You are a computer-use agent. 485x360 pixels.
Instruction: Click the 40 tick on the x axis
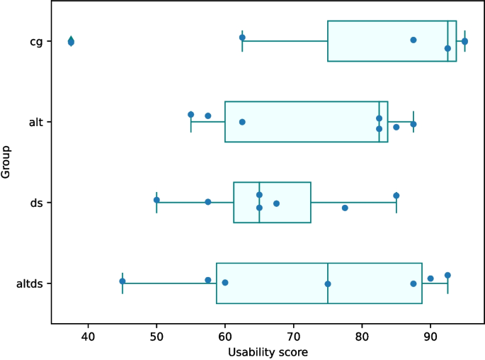point(88,335)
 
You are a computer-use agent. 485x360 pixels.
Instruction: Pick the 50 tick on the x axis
point(156,335)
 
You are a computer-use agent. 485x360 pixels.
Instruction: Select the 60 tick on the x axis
point(225,335)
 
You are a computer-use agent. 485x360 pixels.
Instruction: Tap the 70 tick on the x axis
point(294,335)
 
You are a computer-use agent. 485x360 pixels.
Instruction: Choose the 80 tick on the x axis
point(363,335)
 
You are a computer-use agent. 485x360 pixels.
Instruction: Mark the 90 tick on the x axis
point(430,335)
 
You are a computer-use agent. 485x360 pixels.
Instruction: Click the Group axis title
point(7,162)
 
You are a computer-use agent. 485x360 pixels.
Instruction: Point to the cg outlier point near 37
point(71,42)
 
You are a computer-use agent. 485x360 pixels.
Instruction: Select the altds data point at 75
point(328,284)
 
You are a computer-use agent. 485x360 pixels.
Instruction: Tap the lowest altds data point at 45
point(122,281)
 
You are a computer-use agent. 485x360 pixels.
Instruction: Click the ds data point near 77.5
point(345,208)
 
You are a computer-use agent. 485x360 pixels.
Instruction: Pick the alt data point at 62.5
point(242,122)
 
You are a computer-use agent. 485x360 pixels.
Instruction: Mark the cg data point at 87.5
point(413,40)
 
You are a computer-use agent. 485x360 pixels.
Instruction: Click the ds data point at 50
point(156,200)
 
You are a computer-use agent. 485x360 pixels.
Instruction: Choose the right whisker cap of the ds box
point(396,203)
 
